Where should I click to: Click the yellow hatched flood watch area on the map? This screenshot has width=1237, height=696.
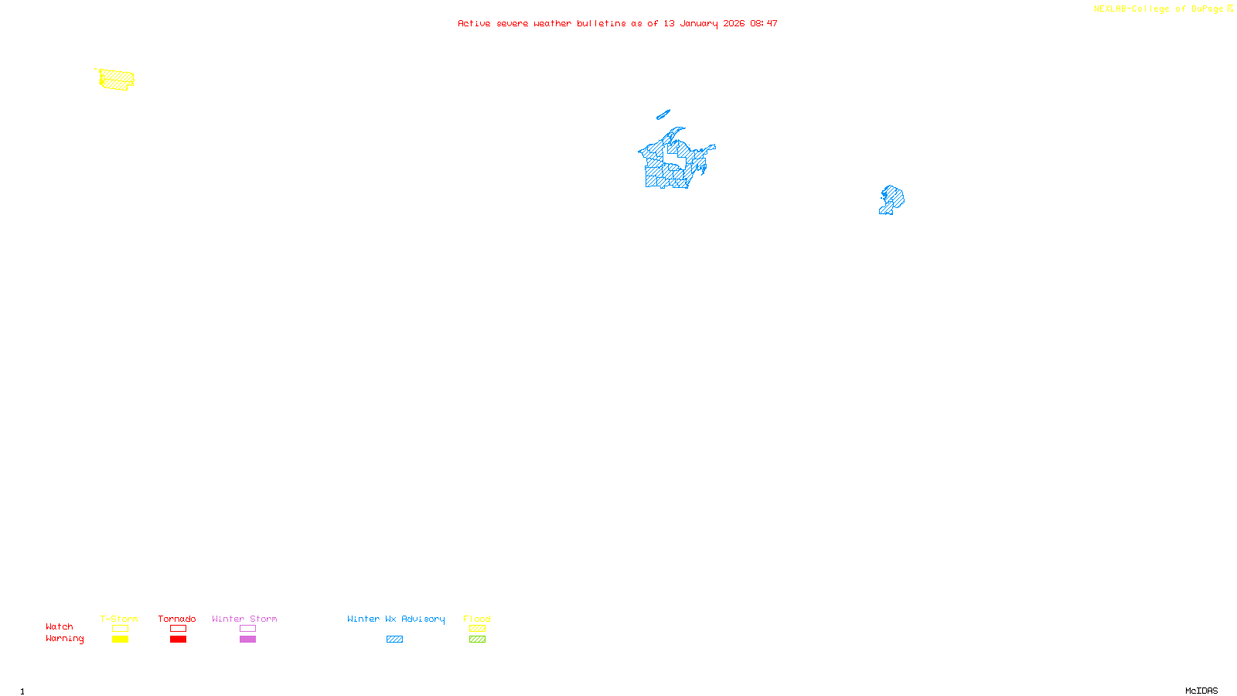(117, 79)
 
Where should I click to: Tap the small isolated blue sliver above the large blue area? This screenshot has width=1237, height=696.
(663, 115)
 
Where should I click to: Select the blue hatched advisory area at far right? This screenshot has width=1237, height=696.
(892, 199)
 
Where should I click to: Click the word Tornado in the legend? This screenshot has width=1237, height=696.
(177, 619)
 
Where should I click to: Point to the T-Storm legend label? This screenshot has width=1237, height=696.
(119, 619)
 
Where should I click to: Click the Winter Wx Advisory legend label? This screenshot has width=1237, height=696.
(396, 619)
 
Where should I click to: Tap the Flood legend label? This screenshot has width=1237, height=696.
(477, 619)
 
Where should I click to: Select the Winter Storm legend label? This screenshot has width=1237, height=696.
(244, 619)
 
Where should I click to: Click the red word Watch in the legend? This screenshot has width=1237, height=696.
(60, 626)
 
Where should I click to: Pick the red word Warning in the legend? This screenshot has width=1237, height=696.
(65, 639)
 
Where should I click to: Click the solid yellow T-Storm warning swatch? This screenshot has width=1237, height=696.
(120, 640)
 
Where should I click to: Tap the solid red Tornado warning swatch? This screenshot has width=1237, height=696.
(178, 640)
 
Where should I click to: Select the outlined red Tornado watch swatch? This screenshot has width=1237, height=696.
(178, 629)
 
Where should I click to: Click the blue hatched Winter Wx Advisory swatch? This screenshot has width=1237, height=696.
(394, 640)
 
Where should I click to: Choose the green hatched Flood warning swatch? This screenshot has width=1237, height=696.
(477, 640)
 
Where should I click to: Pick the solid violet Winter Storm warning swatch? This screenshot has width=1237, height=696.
(247, 640)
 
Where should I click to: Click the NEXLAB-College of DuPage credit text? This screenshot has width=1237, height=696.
(1159, 9)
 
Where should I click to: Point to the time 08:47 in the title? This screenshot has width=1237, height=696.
(764, 23)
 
